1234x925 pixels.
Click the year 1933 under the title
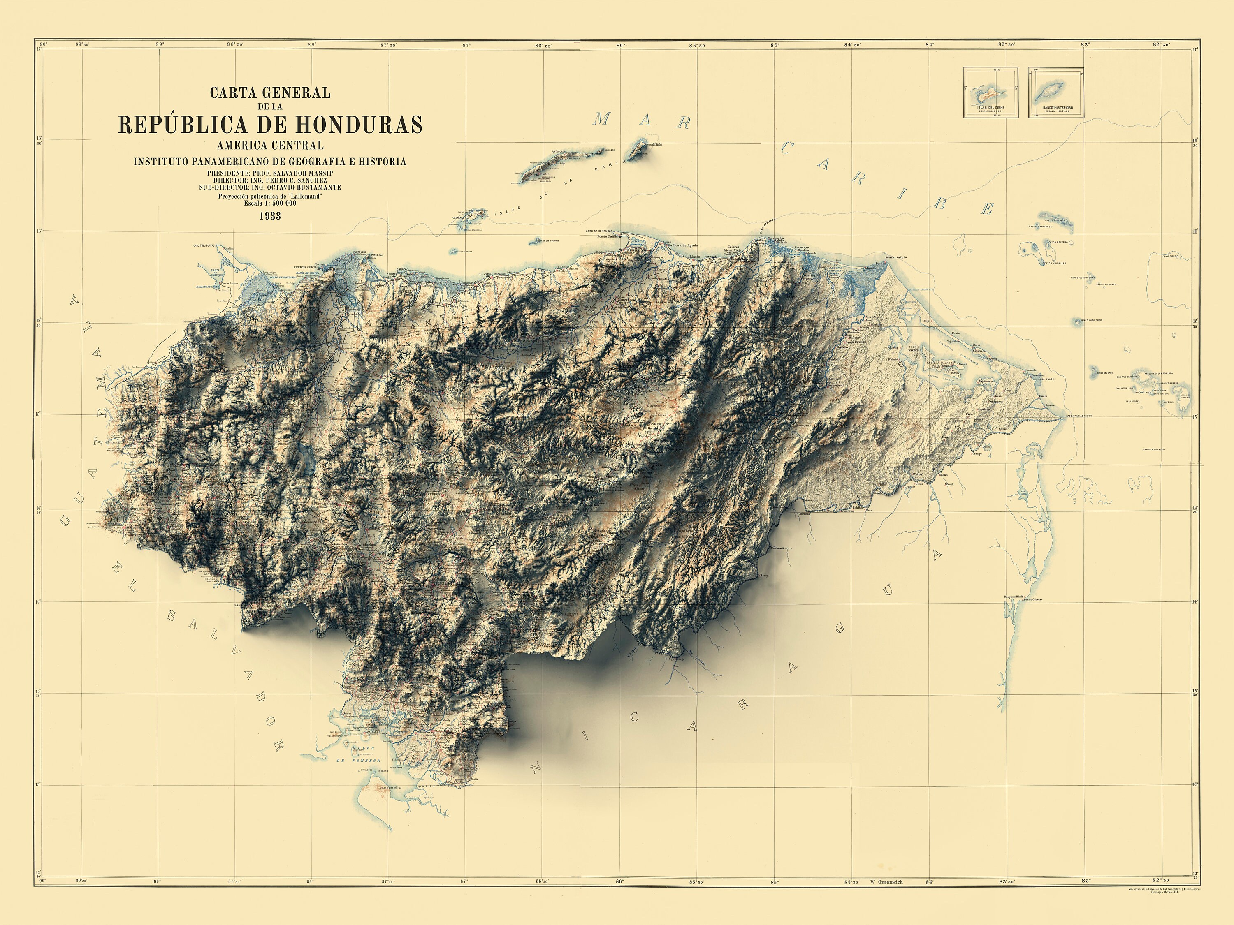pos(269,216)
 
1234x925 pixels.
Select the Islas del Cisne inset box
pos(990,92)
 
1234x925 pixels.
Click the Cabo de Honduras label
pos(598,231)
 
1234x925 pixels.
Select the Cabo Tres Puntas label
pos(204,246)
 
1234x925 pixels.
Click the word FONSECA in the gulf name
pos(366,761)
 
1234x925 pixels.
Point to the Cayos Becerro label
pos(1058,243)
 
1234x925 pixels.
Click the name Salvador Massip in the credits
pos(300,174)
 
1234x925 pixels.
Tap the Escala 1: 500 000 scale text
pos(270,203)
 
